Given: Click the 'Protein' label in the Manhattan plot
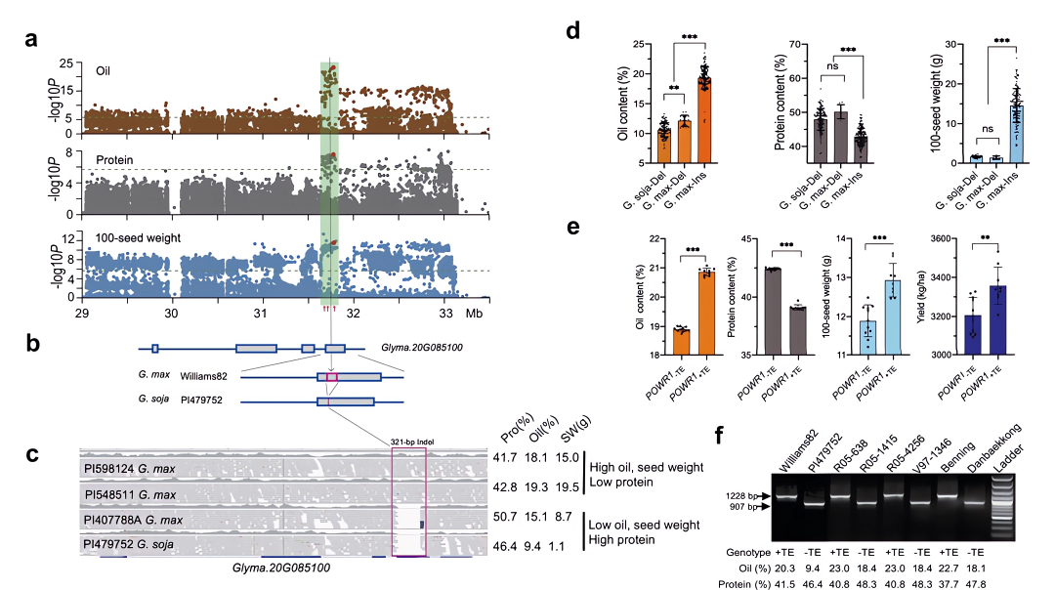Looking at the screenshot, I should point(114,159).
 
